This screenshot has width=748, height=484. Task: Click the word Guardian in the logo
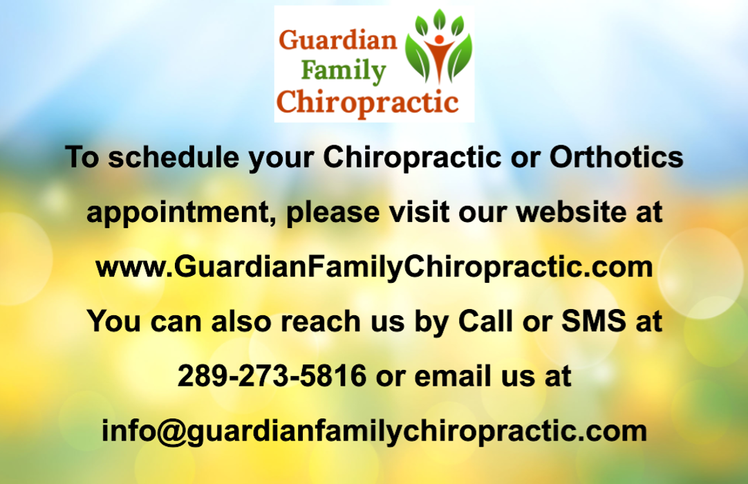pos(338,40)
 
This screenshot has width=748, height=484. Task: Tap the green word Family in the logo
pos(344,72)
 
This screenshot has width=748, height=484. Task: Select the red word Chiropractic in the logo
pos(367,103)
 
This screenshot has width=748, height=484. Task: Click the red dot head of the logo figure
pos(440,39)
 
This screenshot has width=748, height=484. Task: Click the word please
pos(333,212)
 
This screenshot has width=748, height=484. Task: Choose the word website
pos(571,212)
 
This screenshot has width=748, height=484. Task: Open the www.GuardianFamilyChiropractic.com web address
pos(374,267)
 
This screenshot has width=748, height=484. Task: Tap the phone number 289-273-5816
pos(272,375)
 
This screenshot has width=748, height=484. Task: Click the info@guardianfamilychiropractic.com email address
pos(374,431)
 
